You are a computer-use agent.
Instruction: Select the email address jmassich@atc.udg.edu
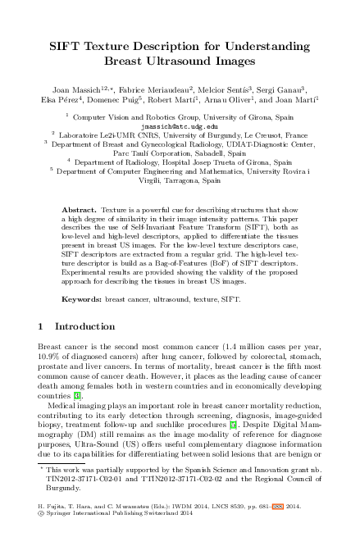coord(180,127)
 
